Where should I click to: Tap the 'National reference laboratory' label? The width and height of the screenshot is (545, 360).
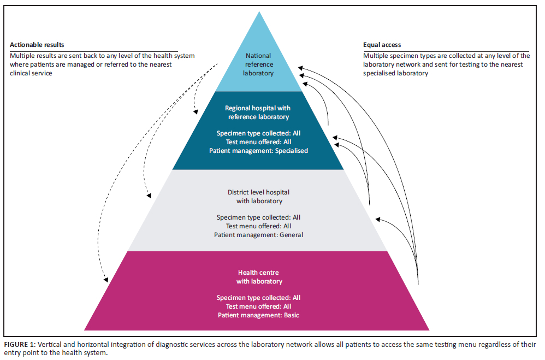[259, 64]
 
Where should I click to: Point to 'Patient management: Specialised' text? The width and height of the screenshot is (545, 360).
[259, 151]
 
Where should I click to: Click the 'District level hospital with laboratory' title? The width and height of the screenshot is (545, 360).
[259, 197]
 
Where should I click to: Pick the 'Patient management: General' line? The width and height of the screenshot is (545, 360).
[259, 235]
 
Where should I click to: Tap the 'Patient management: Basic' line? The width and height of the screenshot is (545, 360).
[259, 315]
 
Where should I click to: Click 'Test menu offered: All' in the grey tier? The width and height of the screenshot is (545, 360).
[259, 226]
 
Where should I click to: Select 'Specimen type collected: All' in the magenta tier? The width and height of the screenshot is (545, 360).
[259, 298]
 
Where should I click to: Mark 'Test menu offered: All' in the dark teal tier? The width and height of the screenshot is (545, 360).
[259, 142]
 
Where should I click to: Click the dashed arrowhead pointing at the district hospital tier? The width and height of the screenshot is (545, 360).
[147, 197]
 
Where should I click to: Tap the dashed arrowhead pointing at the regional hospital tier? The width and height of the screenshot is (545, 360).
[196, 113]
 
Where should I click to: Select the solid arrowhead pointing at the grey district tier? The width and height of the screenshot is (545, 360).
[377, 219]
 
